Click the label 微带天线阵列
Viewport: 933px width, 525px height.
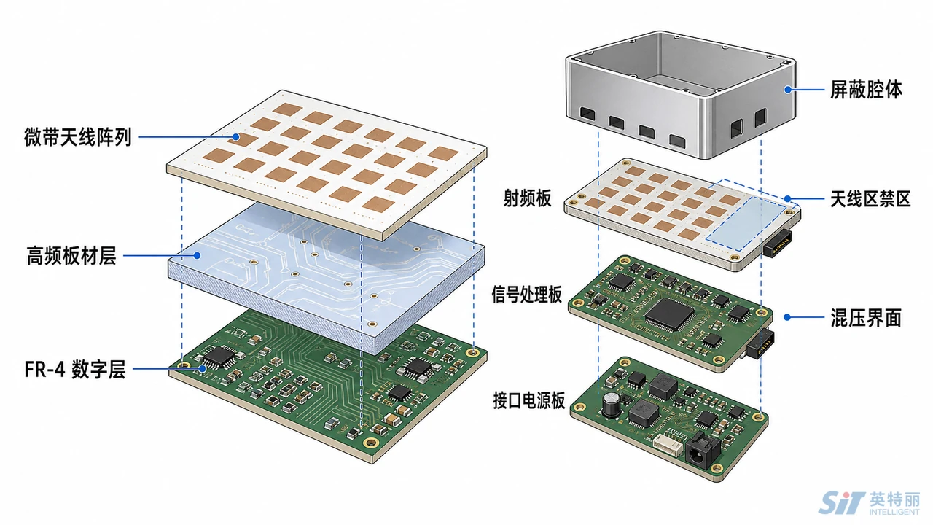point(78,137)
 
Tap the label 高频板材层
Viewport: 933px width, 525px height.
point(71,256)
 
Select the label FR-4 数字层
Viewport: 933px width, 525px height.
point(75,369)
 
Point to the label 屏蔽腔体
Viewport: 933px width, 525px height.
point(867,90)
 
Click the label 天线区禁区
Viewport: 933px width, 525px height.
point(870,199)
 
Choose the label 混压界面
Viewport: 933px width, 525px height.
point(867,317)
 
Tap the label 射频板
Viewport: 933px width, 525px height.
point(527,198)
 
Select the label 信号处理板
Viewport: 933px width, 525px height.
point(527,295)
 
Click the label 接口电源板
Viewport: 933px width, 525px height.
point(529,400)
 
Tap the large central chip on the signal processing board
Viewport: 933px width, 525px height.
point(669,314)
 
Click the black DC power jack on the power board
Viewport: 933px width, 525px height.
point(702,451)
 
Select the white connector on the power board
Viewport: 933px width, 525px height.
point(668,445)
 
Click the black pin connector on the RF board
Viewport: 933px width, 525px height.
point(778,242)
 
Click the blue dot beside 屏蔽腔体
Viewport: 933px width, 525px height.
point(788,90)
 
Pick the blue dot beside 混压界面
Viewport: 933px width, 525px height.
point(787,317)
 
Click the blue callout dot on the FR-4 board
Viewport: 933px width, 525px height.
point(203,369)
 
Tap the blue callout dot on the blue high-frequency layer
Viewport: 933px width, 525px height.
point(198,255)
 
